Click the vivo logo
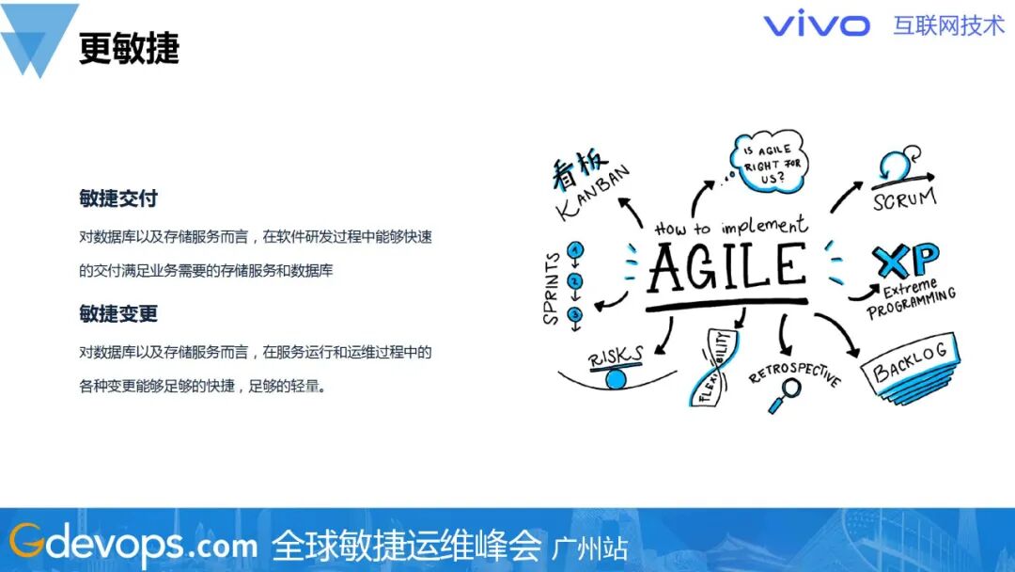(x=817, y=25)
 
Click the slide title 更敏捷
(x=129, y=48)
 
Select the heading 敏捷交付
(x=118, y=199)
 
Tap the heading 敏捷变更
(x=118, y=313)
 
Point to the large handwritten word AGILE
(x=727, y=266)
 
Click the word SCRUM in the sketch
(x=905, y=199)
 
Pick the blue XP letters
(x=906, y=260)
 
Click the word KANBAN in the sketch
(x=592, y=193)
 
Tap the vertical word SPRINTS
(x=551, y=288)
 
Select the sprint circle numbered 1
(x=575, y=249)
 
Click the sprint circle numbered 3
(x=575, y=315)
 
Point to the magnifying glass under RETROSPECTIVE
(x=785, y=394)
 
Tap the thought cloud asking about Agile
(x=769, y=162)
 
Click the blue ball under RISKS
(x=616, y=378)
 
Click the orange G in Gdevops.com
(x=27, y=540)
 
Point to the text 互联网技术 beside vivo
(x=948, y=26)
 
